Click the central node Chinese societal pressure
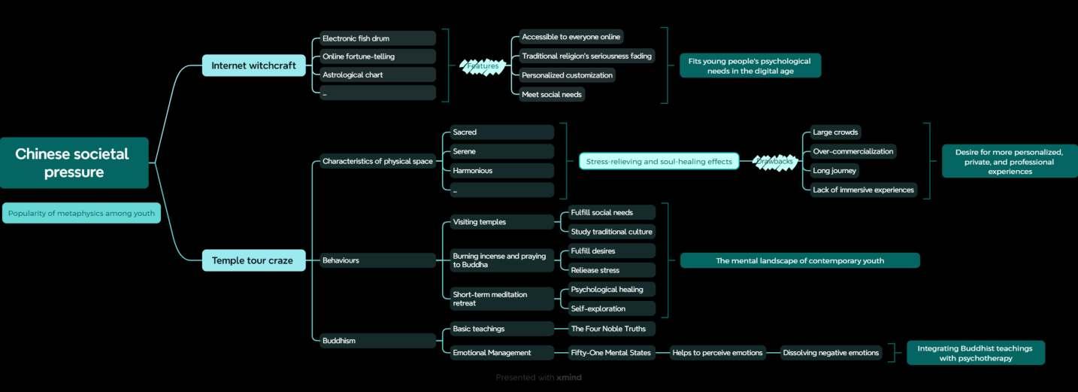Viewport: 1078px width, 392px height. [x=73, y=163]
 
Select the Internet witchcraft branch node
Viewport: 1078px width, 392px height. [x=253, y=65]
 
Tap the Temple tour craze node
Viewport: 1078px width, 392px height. [x=253, y=260]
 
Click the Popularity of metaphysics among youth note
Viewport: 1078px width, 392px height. [x=81, y=213]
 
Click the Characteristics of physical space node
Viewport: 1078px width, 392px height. [x=377, y=161]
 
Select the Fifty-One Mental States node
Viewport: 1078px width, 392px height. [x=610, y=352]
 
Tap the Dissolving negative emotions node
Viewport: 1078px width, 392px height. [x=831, y=352]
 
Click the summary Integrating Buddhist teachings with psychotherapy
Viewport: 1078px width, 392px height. [x=975, y=353]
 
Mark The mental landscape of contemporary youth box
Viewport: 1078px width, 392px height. [x=800, y=260]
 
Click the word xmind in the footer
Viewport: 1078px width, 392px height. [x=569, y=377]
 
